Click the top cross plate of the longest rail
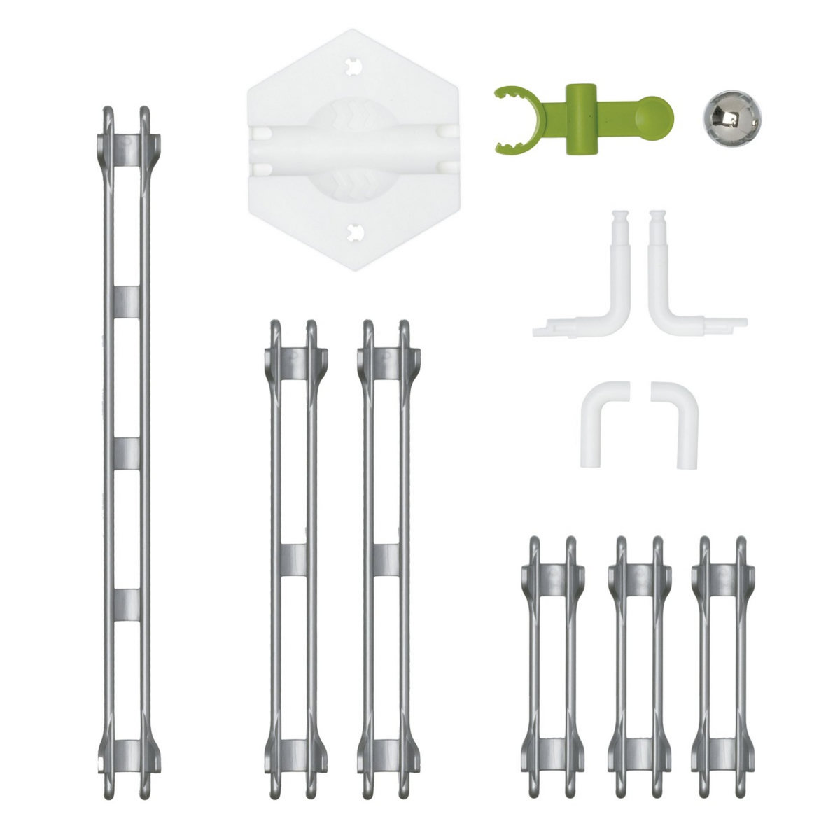(x=127, y=150)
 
